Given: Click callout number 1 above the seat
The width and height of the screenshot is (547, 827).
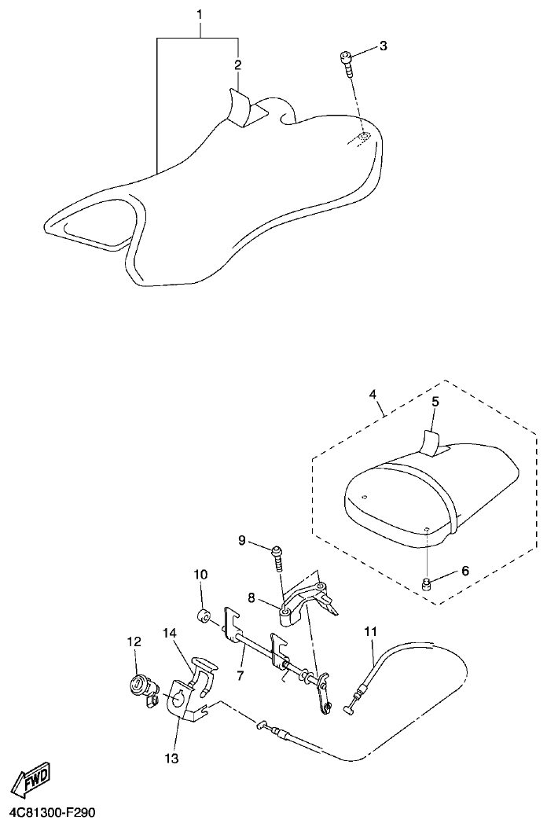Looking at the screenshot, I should point(200,15).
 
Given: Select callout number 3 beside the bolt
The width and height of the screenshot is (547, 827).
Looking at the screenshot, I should point(383,46).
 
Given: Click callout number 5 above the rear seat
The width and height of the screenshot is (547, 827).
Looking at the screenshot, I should point(435,401).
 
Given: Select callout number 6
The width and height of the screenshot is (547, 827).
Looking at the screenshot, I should point(464,571).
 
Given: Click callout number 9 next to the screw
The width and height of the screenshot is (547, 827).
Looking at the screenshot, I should point(243,540).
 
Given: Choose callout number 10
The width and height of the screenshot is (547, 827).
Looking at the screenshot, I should point(200,575).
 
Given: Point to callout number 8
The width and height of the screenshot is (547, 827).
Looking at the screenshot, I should point(251,598).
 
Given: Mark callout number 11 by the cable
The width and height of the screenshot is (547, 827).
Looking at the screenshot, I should point(370,630).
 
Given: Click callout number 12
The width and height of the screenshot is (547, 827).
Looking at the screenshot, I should point(133,641).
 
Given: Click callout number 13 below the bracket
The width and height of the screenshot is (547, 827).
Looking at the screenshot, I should point(171,758).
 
